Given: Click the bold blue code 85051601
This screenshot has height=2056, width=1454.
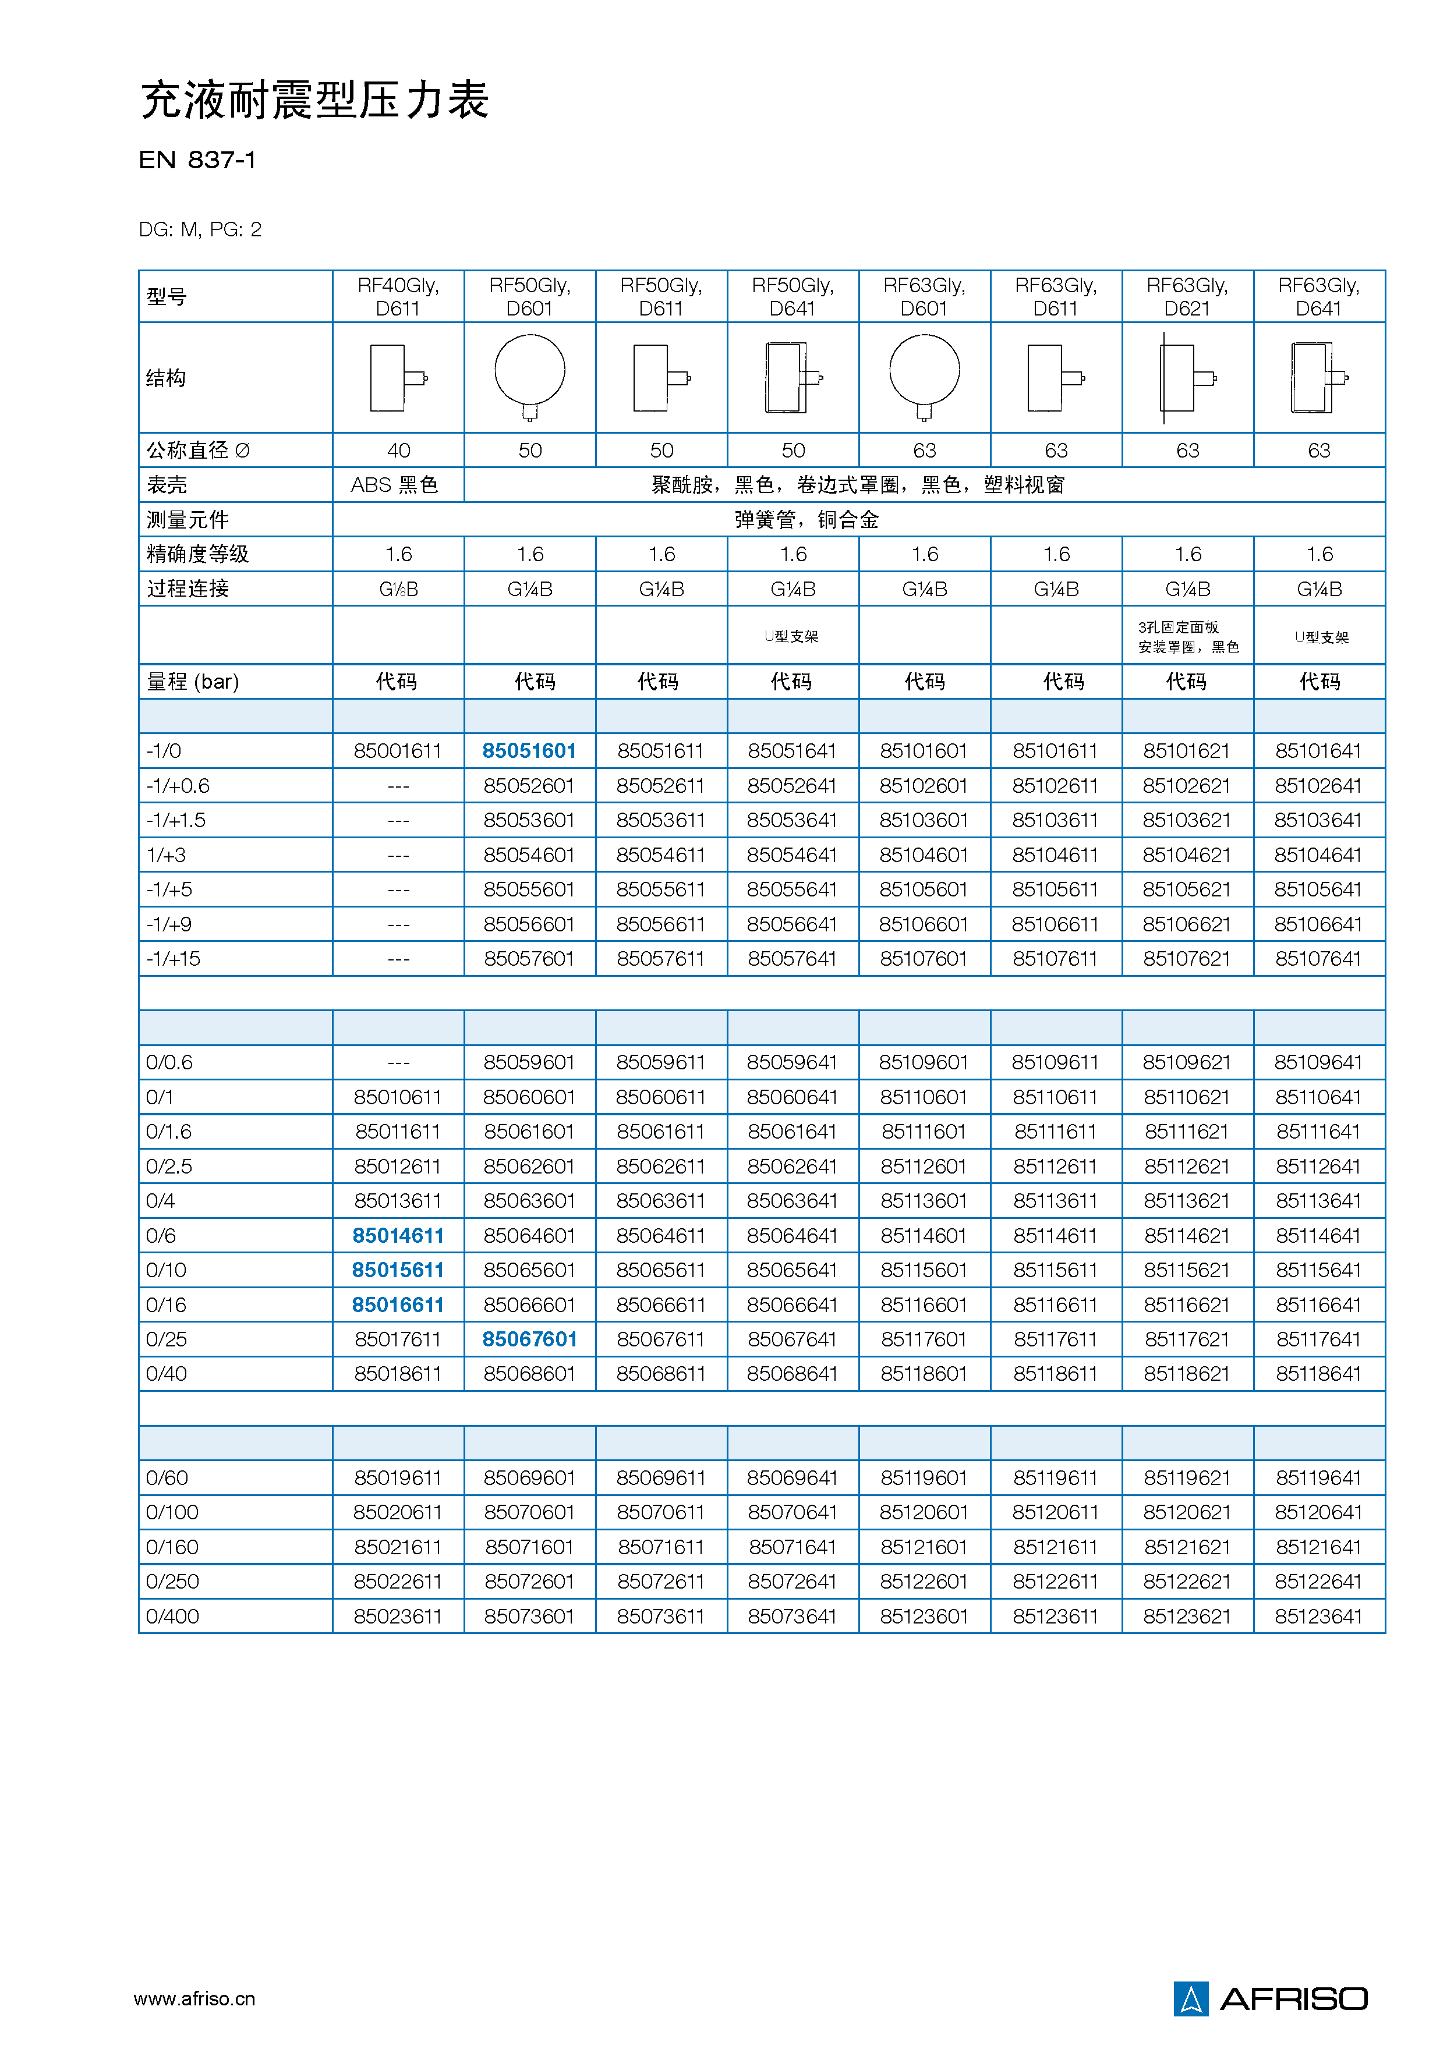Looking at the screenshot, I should (529, 750).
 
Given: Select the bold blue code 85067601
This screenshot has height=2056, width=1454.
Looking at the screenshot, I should (529, 1339).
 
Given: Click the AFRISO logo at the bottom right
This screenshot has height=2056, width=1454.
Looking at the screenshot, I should (1269, 1998).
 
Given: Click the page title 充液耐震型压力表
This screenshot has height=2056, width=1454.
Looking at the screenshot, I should (314, 100).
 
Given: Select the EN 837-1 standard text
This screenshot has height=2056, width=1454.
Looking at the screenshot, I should (197, 160).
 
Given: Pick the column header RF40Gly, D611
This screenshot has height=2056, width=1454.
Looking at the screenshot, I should (398, 296).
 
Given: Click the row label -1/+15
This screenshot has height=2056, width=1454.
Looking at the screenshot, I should (174, 958).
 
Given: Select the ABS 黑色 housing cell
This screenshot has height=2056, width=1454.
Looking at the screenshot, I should (394, 484).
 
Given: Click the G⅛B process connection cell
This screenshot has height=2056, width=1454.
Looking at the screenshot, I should (398, 589).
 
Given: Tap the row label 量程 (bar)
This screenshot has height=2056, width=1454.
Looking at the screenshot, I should (193, 682).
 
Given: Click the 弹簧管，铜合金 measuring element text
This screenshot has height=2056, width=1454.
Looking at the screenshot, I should (806, 519).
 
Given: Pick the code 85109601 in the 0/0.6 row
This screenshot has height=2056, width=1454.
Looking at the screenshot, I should (923, 1062).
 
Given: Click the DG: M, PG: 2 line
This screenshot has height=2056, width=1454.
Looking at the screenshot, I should (200, 230).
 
